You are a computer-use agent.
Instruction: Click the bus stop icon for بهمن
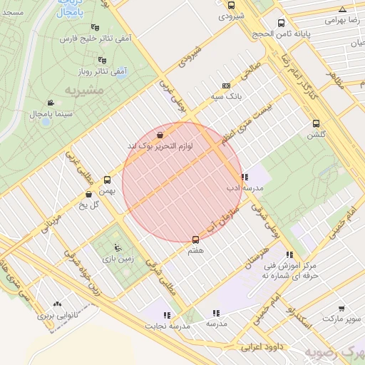108,180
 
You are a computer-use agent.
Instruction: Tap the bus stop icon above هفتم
196,240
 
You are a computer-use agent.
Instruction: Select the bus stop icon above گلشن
316,123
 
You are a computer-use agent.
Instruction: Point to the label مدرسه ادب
245,188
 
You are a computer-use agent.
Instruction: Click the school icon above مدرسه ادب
245,177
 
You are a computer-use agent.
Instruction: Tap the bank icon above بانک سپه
227,85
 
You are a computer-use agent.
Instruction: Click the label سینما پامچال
50,114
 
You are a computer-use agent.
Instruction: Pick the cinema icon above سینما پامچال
50,103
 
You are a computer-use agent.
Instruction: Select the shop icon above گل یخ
88,194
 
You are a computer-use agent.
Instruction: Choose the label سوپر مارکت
341,318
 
